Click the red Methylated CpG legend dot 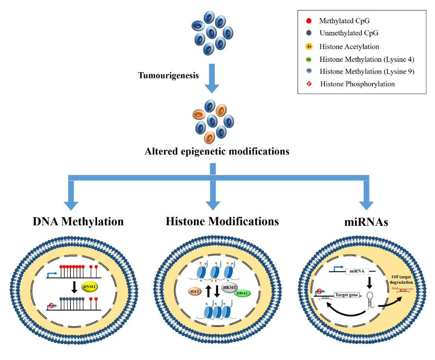[x=309, y=20]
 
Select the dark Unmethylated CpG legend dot [x=309, y=33]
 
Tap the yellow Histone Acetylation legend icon [x=309, y=46]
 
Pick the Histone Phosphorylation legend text [x=357, y=84]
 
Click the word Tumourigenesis [x=168, y=75]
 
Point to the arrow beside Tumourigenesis [x=212, y=79]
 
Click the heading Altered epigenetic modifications [x=217, y=151]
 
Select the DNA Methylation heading [x=78, y=222]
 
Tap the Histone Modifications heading [x=222, y=221]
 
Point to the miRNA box [x=356, y=271]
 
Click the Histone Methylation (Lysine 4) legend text [x=367, y=59]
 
